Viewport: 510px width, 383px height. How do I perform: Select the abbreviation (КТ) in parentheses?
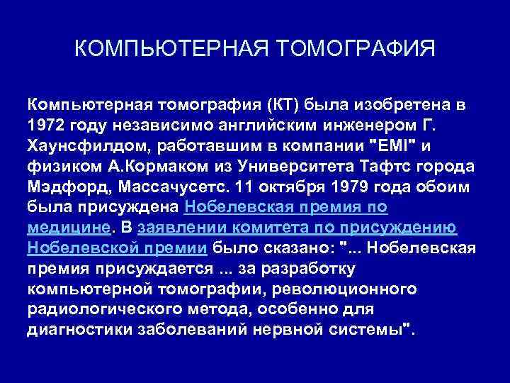click(x=283, y=106)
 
